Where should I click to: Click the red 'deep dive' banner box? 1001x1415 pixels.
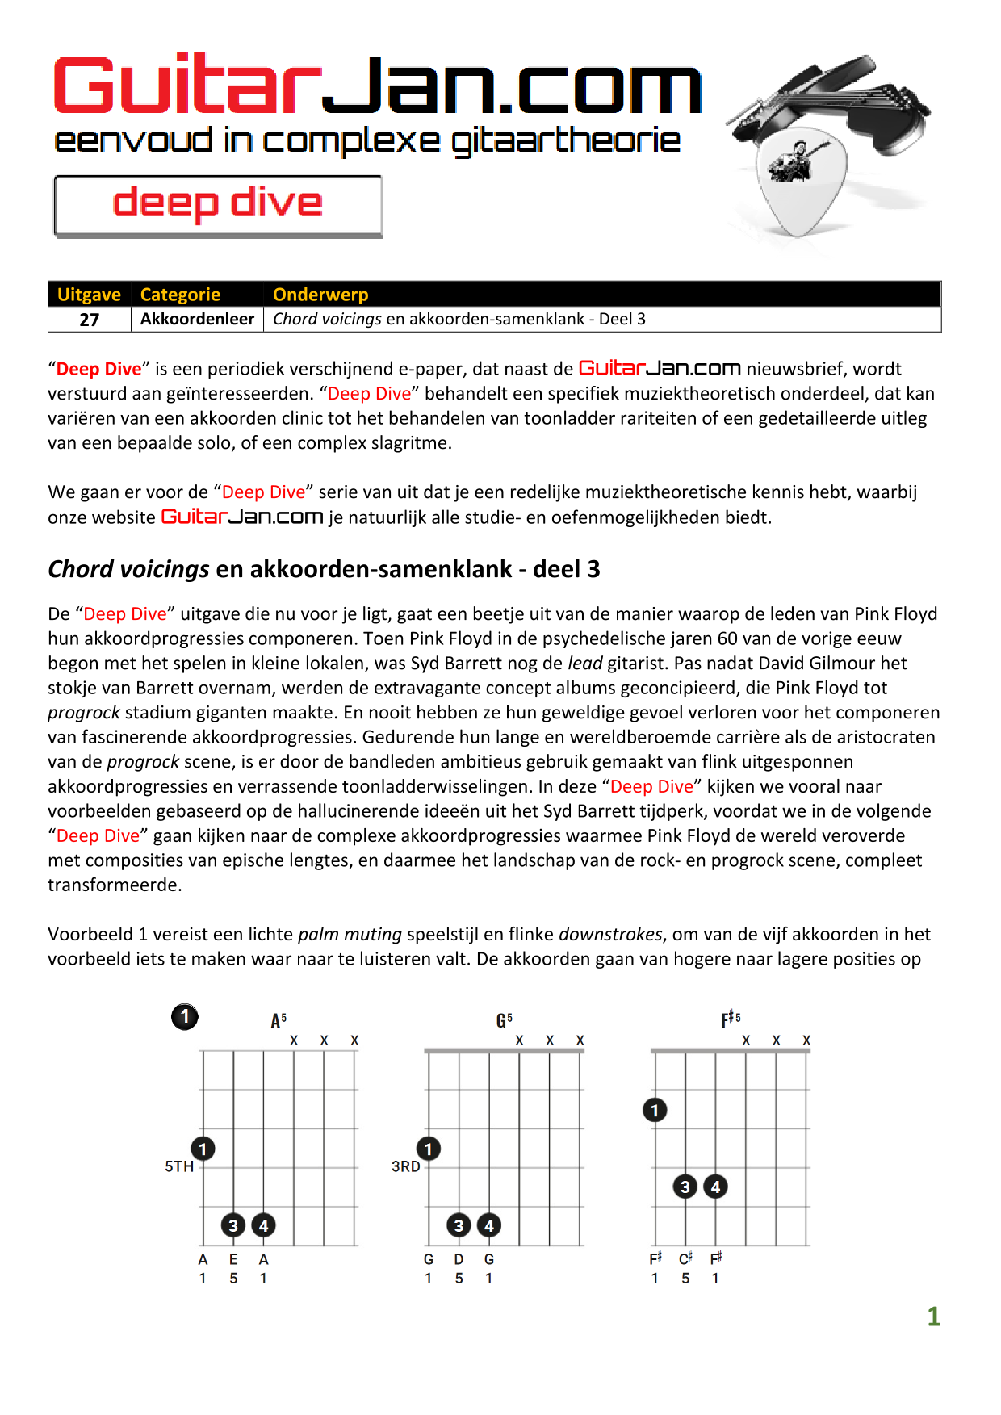pyautogui.click(x=218, y=206)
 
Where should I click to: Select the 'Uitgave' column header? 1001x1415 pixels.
pyautogui.click(x=89, y=295)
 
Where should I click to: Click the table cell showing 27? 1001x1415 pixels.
pyautogui.click(x=90, y=320)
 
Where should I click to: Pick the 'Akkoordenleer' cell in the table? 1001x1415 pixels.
pyautogui.click(x=197, y=319)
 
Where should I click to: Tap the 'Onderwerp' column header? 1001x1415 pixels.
pyautogui.click(x=320, y=295)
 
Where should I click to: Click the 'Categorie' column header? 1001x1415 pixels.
pyautogui.click(x=180, y=295)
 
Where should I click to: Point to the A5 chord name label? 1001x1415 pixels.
pyautogui.click(x=279, y=1020)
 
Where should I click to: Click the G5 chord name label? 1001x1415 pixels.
pyautogui.click(x=505, y=1020)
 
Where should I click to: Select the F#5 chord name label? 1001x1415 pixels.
pyautogui.click(x=731, y=1019)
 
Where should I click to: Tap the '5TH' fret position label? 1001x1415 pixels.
pyautogui.click(x=179, y=1166)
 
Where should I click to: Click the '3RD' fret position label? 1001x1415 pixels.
pyautogui.click(x=405, y=1166)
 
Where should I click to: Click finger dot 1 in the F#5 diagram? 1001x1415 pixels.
pyautogui.click(x=655, y=1110)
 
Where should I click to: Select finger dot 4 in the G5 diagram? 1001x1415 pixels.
pyautogui.click(x=489, y=1225)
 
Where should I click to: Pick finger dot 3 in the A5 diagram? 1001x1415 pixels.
pyautogui.click(x=233, y=1225)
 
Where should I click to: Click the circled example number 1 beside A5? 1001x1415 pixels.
pyautogui.click(x=185, y=1016)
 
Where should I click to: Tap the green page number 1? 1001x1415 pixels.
pyautogui.click(x=934, y=1317)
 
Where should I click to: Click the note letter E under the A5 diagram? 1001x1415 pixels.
pyautogui.click(x=233, y=1259)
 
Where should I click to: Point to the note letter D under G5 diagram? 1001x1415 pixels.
pyautogui.click(x=459, y=1259)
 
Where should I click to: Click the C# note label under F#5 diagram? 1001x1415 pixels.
pyautogui.click(x=685, y=1258)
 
